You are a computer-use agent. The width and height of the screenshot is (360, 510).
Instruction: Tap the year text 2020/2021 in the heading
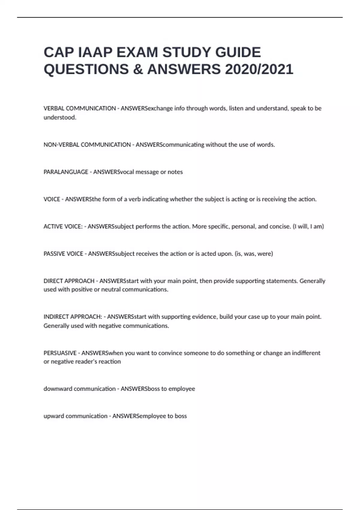click(259, 69)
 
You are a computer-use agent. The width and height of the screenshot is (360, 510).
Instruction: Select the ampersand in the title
click(138, 69)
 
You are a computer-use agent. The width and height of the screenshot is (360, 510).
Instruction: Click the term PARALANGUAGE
click(66, 172)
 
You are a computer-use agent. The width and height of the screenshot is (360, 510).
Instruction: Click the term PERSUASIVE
click(60, 353)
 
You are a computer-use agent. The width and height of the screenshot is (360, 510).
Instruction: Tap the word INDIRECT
click(55, 316)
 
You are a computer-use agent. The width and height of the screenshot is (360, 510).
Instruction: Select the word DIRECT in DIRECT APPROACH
click(53, 281)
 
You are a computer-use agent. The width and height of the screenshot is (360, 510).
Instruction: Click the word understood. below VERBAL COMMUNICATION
click(60, 117)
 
